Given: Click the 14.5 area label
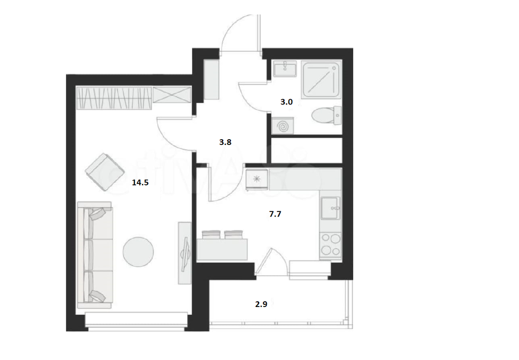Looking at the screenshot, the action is pos(140,182).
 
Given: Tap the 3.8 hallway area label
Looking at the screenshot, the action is pos(225,142).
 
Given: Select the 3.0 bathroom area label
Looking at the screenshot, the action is pos(286,102).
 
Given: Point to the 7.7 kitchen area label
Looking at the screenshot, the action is pos(275,214).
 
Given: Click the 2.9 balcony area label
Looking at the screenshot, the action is pos(261,304).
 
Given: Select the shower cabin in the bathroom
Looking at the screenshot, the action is pos(321,79).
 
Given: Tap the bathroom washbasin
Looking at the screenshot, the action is pos(284,69).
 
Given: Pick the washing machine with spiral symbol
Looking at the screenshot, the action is pos(283,126).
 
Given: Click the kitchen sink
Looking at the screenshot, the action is pos(331,208).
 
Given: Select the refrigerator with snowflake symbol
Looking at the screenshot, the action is pos(257,179).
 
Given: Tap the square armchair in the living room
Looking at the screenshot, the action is pos(105,172).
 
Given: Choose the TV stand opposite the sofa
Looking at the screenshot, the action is pos(185,252).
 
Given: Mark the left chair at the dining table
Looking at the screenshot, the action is pos(211,234).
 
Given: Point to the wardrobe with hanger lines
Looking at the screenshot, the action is pos(114,98).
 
